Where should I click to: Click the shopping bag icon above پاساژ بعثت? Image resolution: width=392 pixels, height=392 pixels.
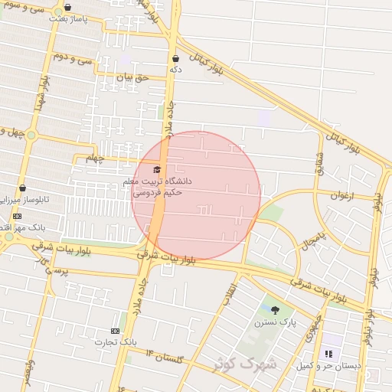coord(67,7)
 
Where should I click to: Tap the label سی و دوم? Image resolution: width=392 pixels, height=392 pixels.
coord(73,58)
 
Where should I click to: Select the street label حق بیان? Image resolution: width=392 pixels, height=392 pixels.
coord(130,77)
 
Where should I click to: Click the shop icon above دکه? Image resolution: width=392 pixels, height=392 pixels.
coord(176,58)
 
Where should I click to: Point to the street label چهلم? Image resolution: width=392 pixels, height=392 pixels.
coord(94,158)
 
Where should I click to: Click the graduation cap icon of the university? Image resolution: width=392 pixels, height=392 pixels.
coord(158,169)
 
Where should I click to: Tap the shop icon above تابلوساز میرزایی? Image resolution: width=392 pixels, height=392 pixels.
coord(21,188)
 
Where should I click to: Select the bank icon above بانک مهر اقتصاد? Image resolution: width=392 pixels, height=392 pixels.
coord(18,216)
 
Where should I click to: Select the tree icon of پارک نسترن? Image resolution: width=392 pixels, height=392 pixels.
coord(275,310)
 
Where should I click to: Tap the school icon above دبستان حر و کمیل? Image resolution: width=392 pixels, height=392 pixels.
coord(329,354)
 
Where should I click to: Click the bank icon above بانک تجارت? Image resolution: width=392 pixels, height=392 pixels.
coord(116,331)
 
